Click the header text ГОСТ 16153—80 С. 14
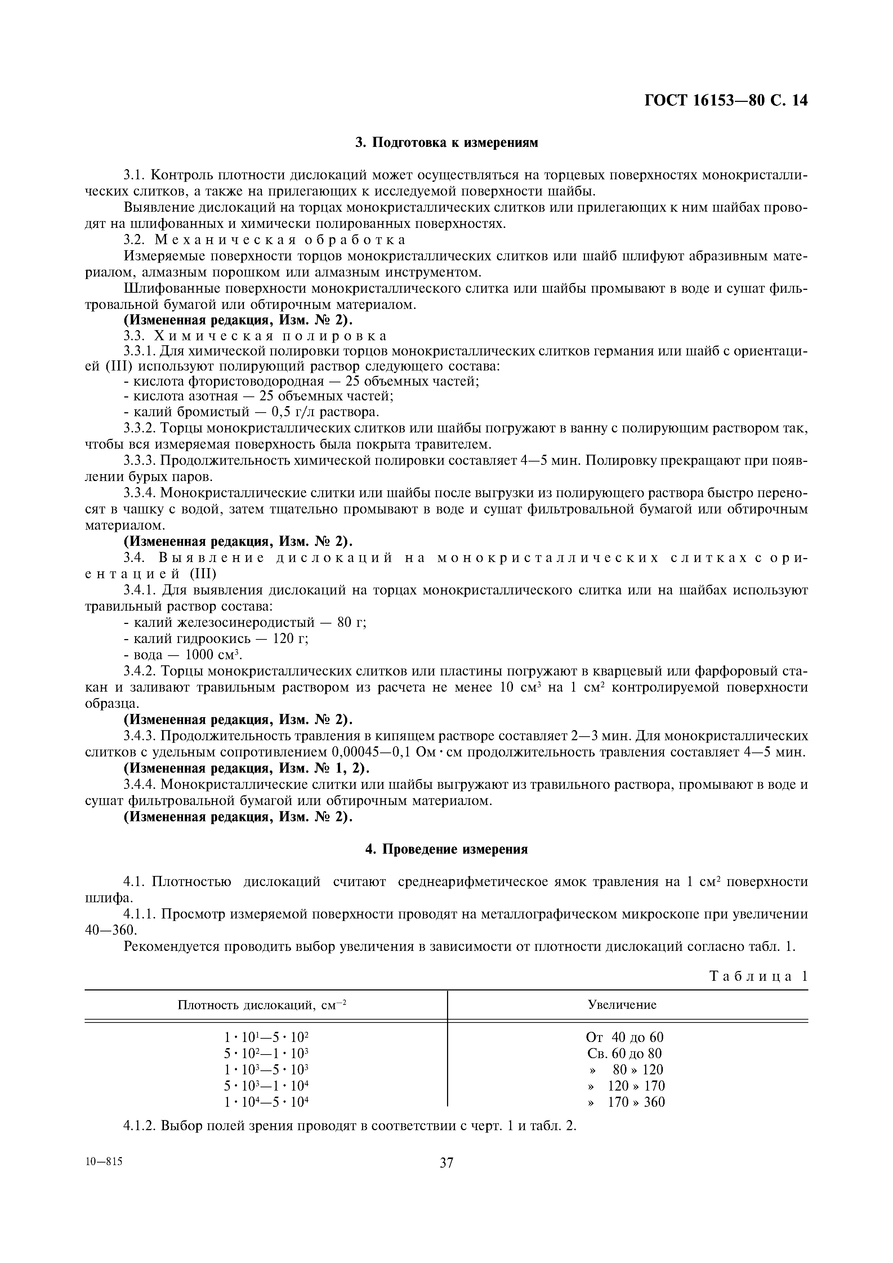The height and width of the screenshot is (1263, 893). [x=726, y=101]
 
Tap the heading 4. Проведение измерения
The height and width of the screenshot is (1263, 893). [x=446, y=849]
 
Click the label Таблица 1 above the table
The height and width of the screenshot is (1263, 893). [x=758, y=976]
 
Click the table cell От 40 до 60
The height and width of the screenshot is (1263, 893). [x=625, y=1038]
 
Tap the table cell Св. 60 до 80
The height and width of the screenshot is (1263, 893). [x=625, y=1053]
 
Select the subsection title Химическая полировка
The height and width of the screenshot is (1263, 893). [x=271, y=336]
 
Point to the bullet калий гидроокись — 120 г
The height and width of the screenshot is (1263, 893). [x=216, y=639]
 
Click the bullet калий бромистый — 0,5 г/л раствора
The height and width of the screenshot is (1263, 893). [x=251, y=412]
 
